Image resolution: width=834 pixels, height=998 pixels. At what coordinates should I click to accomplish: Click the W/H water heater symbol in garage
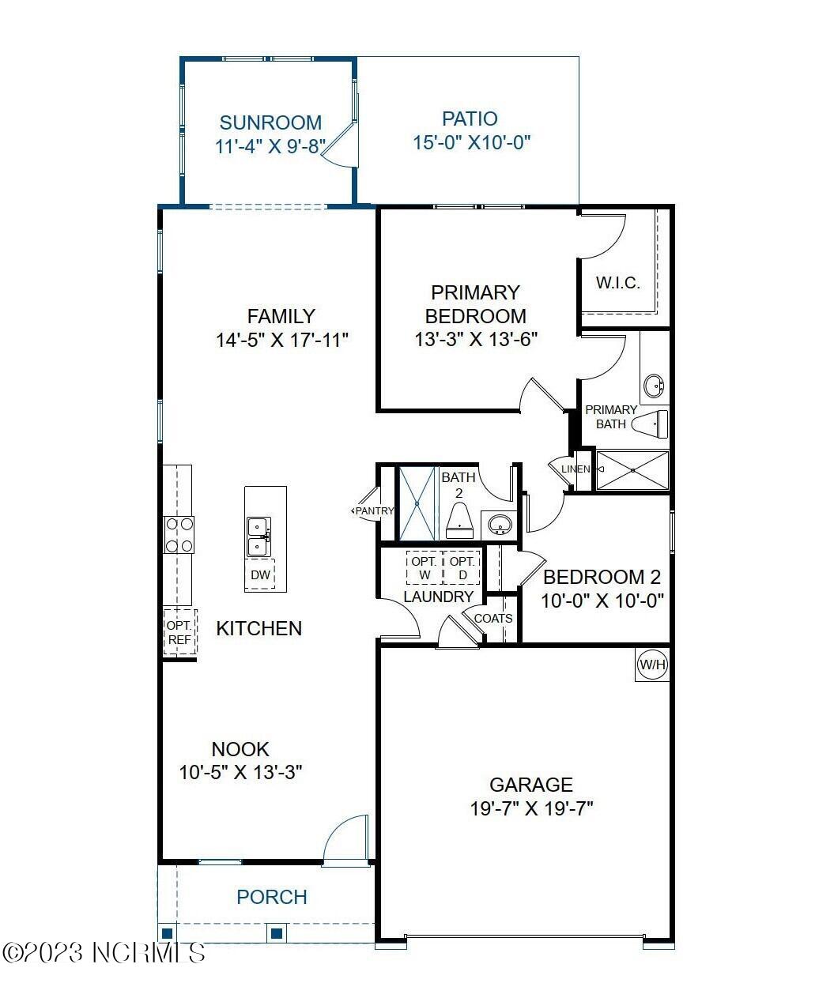[x=652, y=665]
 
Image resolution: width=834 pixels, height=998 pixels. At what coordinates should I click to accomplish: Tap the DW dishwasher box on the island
[x=260, y=575]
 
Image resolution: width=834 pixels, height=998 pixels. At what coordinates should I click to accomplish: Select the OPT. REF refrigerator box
[x=179, y=632]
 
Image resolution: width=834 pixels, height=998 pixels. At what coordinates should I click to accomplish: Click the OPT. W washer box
[x=425, y=568]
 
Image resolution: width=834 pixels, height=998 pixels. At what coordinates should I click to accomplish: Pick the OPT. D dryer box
[x=462, y=568]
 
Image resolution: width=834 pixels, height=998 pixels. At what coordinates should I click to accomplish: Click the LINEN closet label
[x=575, y=469]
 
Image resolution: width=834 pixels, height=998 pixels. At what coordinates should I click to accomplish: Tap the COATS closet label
[x=493, y=618]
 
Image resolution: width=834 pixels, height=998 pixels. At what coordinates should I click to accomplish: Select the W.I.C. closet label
[x=617, y=283]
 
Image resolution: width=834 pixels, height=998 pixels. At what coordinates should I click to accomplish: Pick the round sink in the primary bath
[x=654, y=386]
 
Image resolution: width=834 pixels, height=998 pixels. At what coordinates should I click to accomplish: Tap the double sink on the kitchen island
[x=259, y=537]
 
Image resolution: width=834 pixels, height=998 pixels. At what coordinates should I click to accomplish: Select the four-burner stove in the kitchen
[x=179, y=534]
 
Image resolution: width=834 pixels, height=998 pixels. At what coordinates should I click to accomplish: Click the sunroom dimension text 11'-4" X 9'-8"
[x=270, y=146]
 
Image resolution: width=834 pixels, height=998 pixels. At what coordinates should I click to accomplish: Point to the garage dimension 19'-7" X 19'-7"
[x=530, y=808]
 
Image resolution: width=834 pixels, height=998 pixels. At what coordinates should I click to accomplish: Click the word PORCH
[x=272, y=897]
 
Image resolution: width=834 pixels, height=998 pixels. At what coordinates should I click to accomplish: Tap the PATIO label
[x=470, y=119]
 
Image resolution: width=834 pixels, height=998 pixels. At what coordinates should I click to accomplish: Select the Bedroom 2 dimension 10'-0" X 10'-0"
[x=602, y=601]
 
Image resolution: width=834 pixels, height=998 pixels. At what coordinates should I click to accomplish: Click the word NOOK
[x=240, y=748]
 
